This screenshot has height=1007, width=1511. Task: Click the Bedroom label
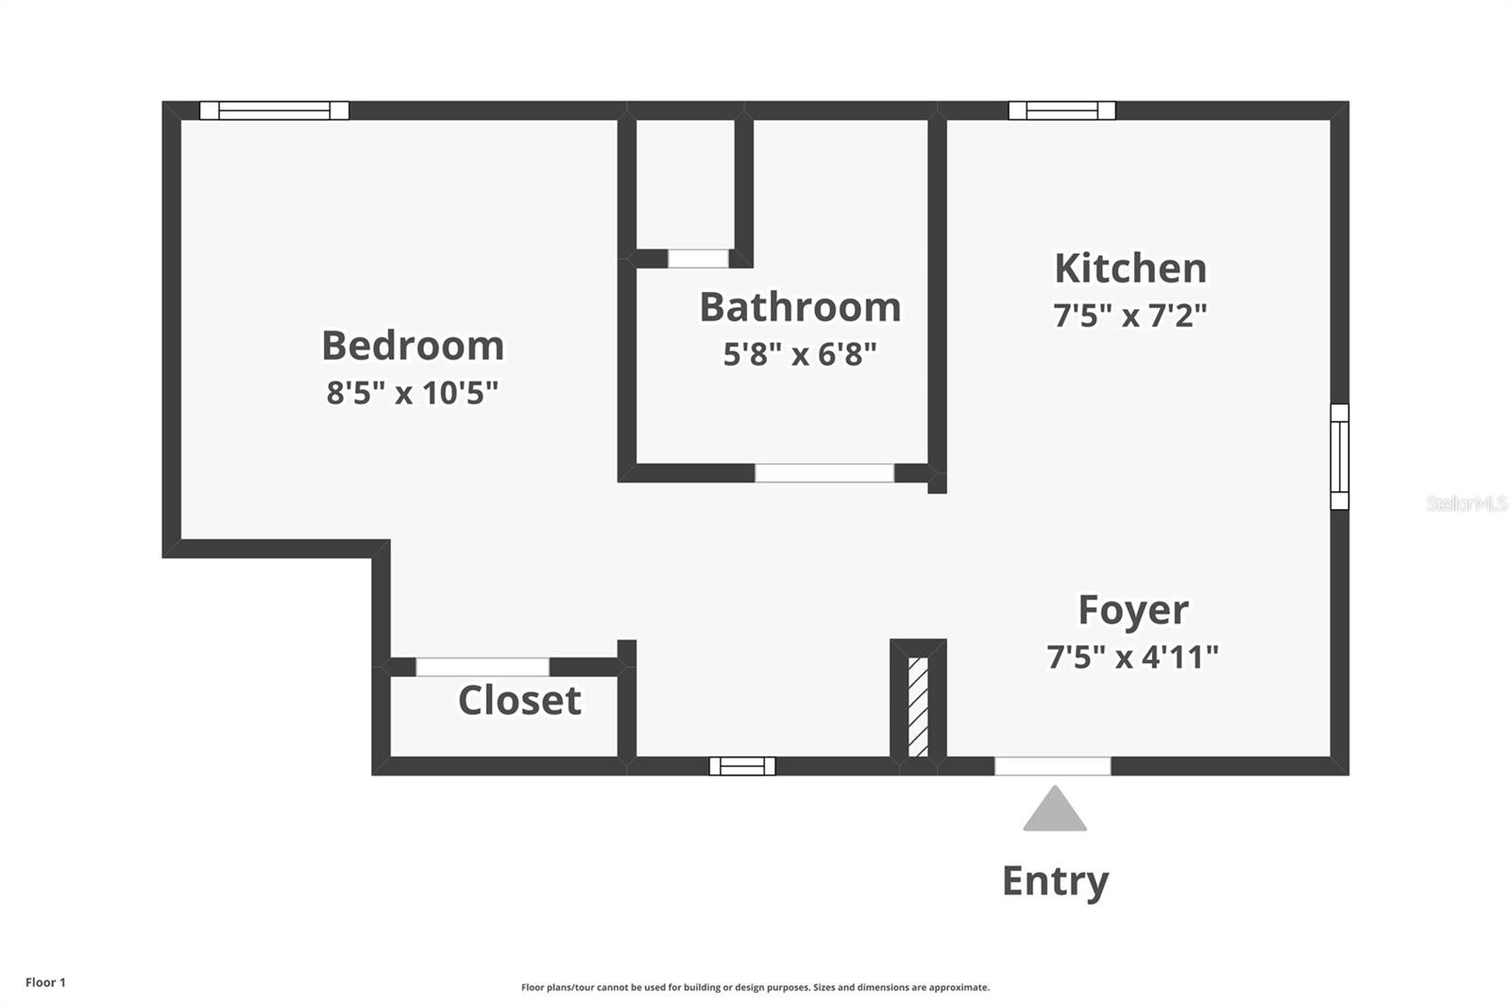413,346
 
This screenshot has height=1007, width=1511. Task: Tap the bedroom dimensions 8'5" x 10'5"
413,392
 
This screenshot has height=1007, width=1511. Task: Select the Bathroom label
800,308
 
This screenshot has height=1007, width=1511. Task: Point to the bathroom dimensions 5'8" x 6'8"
800,354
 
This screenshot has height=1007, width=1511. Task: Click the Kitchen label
1130,268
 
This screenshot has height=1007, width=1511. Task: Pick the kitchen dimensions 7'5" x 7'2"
1130,315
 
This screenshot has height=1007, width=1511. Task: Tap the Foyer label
1133,610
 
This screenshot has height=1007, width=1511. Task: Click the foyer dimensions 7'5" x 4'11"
1132,657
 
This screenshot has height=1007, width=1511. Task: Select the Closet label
519,701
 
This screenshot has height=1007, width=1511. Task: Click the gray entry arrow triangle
1055,811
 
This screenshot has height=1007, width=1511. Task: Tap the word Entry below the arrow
1055,880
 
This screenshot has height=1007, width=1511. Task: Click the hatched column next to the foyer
918,707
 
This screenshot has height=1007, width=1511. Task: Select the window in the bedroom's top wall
274,111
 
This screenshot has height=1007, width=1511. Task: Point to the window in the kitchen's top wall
1061,111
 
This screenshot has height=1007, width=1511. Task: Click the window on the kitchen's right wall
1339,456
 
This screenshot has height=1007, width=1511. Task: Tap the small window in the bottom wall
742,766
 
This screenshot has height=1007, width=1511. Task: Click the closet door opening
483,667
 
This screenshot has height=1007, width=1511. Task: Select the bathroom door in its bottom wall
824,473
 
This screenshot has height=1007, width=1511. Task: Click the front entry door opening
1053,766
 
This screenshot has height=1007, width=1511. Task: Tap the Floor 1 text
45,982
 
